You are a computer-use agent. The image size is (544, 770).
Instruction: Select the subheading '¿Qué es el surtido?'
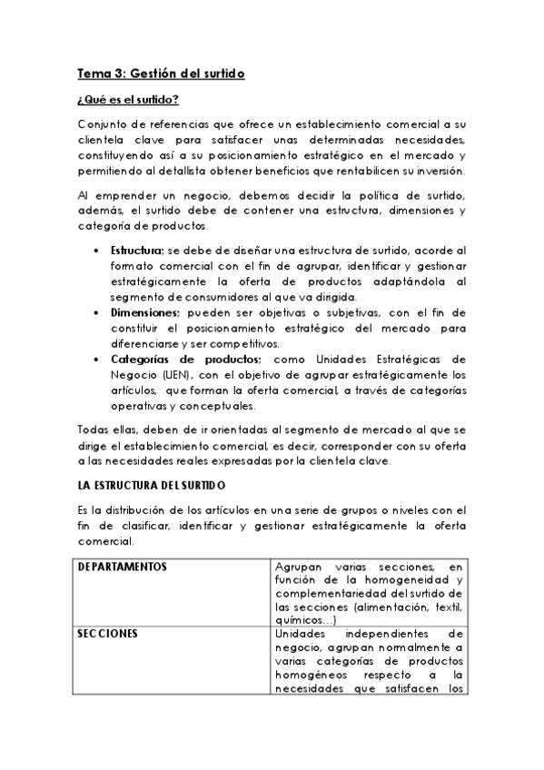tap(127, 99)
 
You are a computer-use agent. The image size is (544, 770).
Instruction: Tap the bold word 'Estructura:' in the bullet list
tap(138, 250)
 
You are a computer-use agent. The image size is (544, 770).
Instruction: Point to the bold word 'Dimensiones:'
tap(145, 311)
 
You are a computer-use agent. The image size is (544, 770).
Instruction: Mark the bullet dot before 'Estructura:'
tap(98, 250)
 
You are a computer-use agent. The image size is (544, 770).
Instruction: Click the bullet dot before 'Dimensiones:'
tap(98, 311)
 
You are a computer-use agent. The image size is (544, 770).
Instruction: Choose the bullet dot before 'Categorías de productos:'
tap(98, 359)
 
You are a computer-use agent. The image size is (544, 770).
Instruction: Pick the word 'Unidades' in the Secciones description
tap(299, 634)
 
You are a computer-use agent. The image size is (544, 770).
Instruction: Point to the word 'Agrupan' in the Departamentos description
tap(299, 568)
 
